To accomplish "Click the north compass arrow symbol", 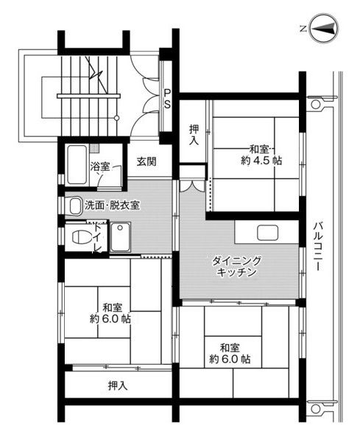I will coord(324,29).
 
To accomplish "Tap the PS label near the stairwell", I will coord(168,99).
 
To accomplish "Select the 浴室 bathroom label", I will coord(100,166).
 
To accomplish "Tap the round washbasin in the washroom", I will coord(74,207).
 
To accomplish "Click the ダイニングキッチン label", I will coord(237,267).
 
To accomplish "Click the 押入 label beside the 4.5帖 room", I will coord(193,134).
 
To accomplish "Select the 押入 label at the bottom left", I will coord(118,385).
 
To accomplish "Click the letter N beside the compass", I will coord(303,29).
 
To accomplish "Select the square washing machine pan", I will coord(119,237).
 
